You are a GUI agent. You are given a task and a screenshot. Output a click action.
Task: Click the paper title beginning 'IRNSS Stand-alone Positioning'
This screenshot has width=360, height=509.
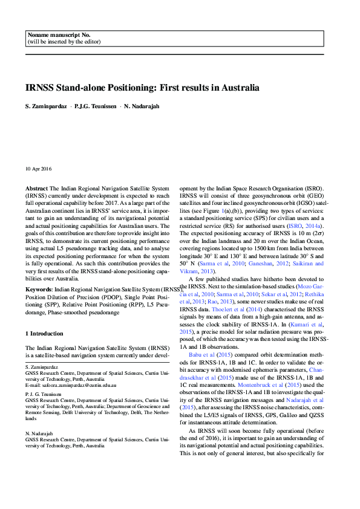point(142,88)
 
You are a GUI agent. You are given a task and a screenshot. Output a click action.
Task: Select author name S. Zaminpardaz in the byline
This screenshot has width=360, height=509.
point(47,106)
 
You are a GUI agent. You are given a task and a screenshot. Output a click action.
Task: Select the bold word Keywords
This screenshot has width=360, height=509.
point(38,290)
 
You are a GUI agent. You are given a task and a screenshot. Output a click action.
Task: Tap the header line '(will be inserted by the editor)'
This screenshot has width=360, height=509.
point(64,42)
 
